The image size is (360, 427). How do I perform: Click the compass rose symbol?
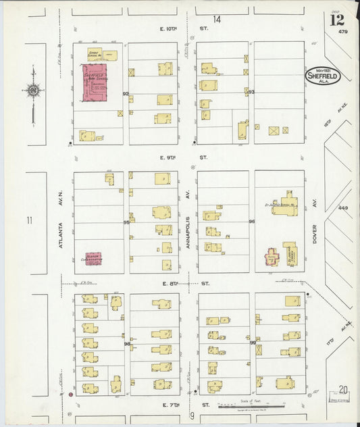[32, 90]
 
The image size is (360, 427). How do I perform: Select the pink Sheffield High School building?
[95, 84]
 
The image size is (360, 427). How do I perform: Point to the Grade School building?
[102, 55]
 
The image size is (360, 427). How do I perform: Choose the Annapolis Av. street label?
[187, 230]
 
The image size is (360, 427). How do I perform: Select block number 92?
[126, 94]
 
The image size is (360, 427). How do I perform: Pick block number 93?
[251, 92]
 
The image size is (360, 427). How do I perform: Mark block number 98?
[126, 345]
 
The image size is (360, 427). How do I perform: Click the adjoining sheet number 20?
[344, 389]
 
